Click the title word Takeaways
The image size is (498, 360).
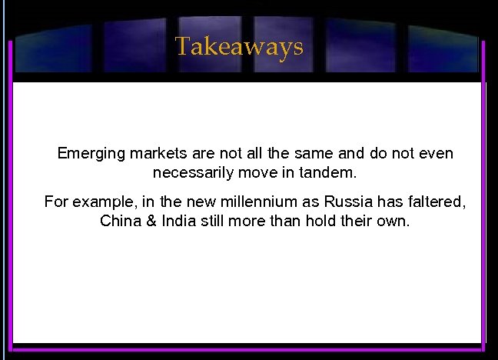click(239, 47)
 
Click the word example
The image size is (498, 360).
click(102, 202)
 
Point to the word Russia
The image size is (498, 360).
click(347, 202)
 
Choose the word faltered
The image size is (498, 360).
click(436, 202)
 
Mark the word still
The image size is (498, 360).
click(214, 222)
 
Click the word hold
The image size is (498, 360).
click(319, 222)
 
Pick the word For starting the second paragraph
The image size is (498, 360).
click(56, 202)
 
